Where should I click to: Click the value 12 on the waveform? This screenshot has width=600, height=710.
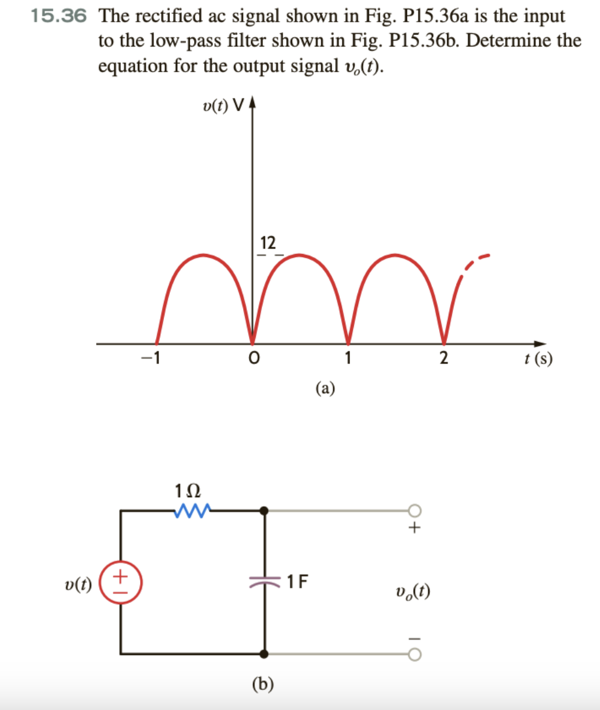(267, 243)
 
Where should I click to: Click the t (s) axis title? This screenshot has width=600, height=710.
(538, 359)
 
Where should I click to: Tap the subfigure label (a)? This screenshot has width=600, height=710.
(325, 388)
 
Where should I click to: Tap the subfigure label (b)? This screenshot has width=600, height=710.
(262, 684)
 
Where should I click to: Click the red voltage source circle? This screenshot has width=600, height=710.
(121, 583)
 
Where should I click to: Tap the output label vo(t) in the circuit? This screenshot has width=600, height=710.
(414, 591)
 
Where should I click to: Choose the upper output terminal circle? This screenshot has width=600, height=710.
(414, 511)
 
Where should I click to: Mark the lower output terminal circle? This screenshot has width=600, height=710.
(414, 654)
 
